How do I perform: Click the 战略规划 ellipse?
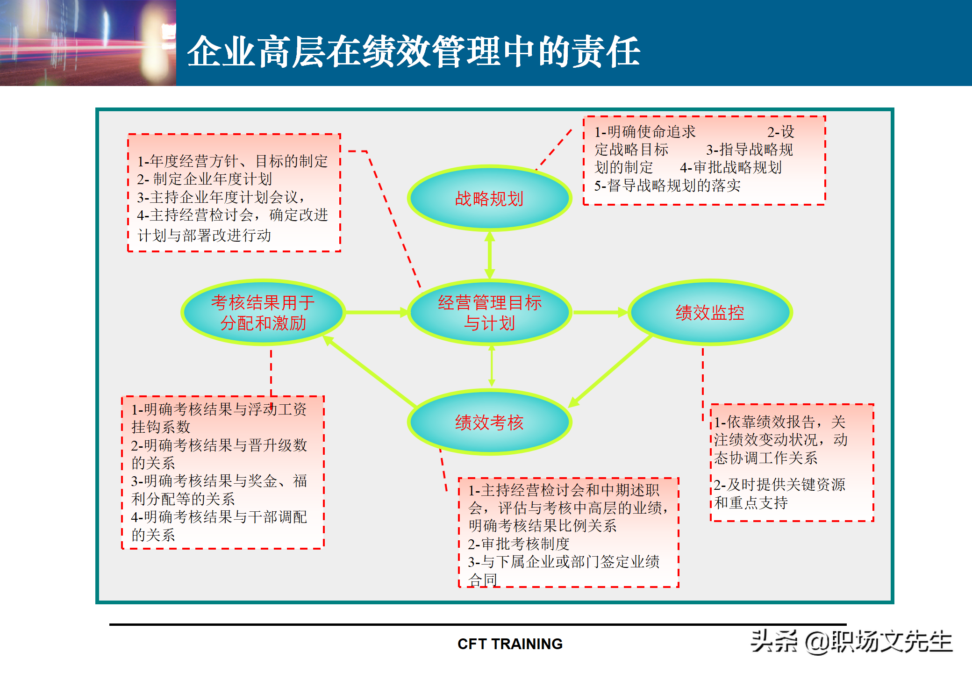(x=489, y=198)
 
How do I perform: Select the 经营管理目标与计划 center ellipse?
(x=489, y=312)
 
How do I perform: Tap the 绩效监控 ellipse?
(x=709, y=312)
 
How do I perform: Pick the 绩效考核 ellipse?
(x=489, y=422)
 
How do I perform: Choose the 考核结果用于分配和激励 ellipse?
(x=263, y=312)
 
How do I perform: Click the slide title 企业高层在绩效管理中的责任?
(x=414, y=51)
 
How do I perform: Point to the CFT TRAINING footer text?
(x=510, y=644)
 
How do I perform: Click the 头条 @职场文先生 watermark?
(x=851, y=641)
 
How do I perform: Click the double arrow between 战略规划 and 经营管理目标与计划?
(x=489, y=255)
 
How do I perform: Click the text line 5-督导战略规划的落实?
(x=667, y=186)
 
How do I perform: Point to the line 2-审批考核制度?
(x=519, y=544)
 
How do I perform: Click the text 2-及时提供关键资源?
(x=779, y=484)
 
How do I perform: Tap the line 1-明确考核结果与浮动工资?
(x=219, y=409)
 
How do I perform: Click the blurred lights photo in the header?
(x=88, y=43)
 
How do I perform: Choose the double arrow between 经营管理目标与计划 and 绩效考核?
(x=491, y=366)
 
